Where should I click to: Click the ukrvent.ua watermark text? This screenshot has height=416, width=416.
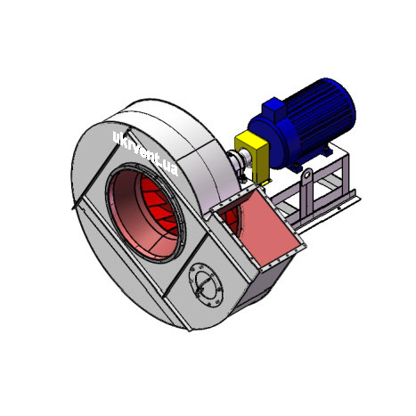pyautogui.click(x=145, y=153)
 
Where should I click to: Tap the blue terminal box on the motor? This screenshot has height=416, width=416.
pyautogui.click(x=274, y=109)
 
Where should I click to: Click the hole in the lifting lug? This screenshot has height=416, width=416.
pyautogui.click(x=306, y=175)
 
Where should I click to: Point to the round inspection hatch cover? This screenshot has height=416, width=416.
pyautogui.click(x=206, y=285)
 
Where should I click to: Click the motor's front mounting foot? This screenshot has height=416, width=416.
pyautogui.click(x=297, y=167)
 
